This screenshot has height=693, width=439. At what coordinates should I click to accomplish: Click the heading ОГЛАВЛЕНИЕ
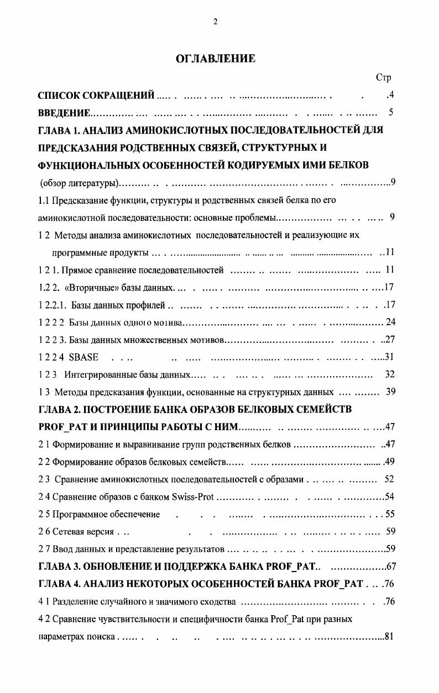[215, 59]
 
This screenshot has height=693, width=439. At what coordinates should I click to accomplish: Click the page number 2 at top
[215, 22]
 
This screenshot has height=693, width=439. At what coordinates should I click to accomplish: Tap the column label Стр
[383, 78]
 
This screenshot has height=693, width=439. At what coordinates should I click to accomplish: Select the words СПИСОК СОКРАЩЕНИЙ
[96, 96]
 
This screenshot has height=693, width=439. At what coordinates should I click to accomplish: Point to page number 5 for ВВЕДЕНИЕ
[390, 113]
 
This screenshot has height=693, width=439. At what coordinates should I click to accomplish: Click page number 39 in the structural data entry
[390, 392]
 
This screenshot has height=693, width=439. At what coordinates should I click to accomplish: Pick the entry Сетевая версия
[82, 532]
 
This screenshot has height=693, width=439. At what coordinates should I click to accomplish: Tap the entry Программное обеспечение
[107, 514]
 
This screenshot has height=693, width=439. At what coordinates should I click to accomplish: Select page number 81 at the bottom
[388, 636]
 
